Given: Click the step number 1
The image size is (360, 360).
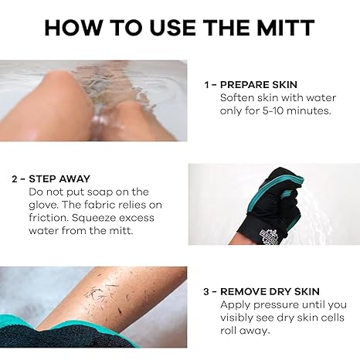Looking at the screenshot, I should coord(207,84).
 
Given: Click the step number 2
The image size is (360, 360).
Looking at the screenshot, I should coord(14,178).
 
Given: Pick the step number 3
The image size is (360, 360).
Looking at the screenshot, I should coord(206,291).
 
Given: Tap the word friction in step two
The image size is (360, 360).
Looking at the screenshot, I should coord(46,218).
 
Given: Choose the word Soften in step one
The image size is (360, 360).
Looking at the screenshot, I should coord(239,97).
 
